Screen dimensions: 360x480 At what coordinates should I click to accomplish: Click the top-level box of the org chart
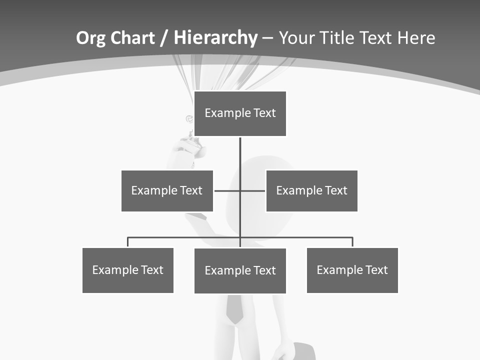(x=240, y=113)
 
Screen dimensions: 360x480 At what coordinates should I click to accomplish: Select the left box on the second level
(x=167, y=190)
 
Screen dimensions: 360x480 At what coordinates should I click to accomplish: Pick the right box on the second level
(x=311, y=190)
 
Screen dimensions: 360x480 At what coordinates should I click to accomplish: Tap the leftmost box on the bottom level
(x=128, y=270)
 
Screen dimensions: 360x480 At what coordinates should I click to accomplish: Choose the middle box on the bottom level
(x=240, y=270)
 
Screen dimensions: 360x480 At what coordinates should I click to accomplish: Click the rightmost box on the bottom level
(x=352, y=270)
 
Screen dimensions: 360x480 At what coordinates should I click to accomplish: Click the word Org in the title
(x=90, y=38)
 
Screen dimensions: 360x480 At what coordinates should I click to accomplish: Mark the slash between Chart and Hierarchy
(x=164, y=38)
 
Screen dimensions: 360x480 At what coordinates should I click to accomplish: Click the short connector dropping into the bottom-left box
(x=128, y=242)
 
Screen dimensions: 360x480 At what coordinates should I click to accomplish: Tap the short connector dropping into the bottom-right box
(x=352, y=242)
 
